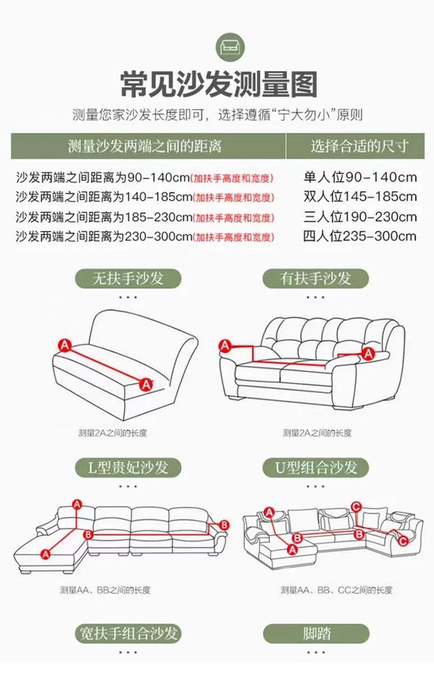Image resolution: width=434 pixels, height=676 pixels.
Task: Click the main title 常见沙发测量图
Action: tap(218, 84)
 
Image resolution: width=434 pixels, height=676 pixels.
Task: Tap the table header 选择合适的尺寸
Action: tap(359, 146)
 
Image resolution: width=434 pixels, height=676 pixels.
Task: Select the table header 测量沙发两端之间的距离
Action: tap(145, 146)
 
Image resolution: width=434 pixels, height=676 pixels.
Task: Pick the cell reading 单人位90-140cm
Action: tap(360, 177)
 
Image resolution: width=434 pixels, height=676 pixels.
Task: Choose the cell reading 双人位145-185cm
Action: tap(360, 197)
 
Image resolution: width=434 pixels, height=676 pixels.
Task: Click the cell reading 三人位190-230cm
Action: tap(360, 216)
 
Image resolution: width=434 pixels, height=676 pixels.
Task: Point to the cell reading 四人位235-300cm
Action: tap(360, 237)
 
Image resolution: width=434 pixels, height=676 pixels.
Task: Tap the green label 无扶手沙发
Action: tap(128, 278)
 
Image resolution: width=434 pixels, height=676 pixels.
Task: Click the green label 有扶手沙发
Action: tap(315, 278)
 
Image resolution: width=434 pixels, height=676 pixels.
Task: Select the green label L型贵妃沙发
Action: tap(128, 467)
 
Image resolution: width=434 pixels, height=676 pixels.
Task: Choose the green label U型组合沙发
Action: tap(316, 467)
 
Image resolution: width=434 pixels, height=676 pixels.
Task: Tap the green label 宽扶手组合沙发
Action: tap(128, 634)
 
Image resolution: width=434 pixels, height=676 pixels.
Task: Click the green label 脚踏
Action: tap(316, 634)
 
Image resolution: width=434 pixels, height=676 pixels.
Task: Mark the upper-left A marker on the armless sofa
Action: tap(65, 345)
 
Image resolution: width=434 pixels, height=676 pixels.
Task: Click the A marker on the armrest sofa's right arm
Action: tap(368, 353)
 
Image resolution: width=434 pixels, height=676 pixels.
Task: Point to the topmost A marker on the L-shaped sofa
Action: tap(77, 504)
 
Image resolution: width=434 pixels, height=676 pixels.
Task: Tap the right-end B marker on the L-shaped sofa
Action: tap(224, 525)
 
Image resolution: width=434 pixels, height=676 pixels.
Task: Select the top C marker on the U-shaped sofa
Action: tap(356, 506)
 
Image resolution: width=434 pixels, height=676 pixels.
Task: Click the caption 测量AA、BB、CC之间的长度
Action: tap(337, 590)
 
